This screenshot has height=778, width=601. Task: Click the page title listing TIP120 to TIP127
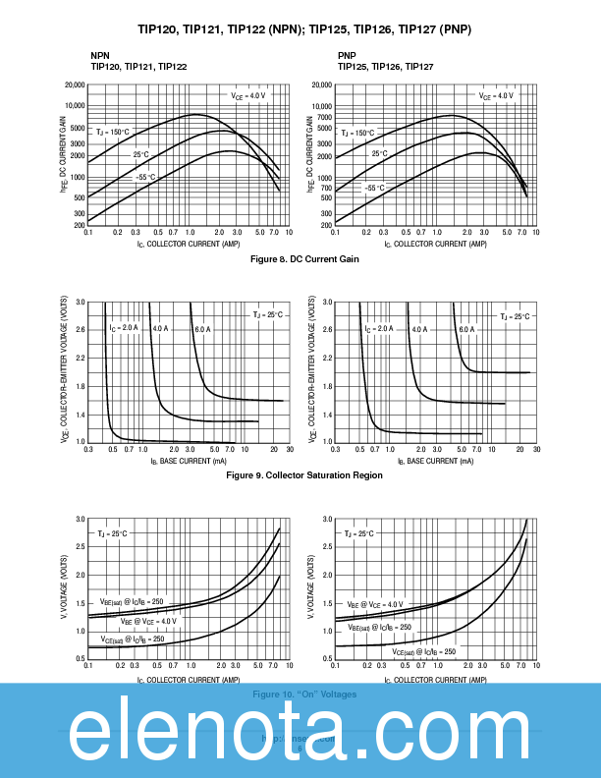(304, 29)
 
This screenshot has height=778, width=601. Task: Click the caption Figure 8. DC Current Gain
(304, 259)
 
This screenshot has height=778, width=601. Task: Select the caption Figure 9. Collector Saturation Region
(304, 474)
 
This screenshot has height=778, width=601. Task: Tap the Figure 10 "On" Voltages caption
(304, 695)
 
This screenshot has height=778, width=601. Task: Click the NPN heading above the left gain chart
(100, 55)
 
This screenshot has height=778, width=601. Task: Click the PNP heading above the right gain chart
(348, 55)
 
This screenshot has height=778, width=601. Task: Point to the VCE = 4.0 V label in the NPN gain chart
(248, 96)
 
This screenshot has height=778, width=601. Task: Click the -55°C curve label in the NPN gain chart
(145, 177)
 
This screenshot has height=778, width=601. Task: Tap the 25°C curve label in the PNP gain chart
(380, 153)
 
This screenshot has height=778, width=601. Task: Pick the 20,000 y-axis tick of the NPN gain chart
(75, 86)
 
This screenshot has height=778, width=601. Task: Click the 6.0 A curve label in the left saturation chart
(201, 328)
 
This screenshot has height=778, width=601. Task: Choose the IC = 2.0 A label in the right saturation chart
(379, 329)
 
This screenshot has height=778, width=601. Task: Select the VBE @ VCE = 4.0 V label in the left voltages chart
(148, 621)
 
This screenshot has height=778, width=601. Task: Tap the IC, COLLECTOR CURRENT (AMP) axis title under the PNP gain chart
(436, 244)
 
